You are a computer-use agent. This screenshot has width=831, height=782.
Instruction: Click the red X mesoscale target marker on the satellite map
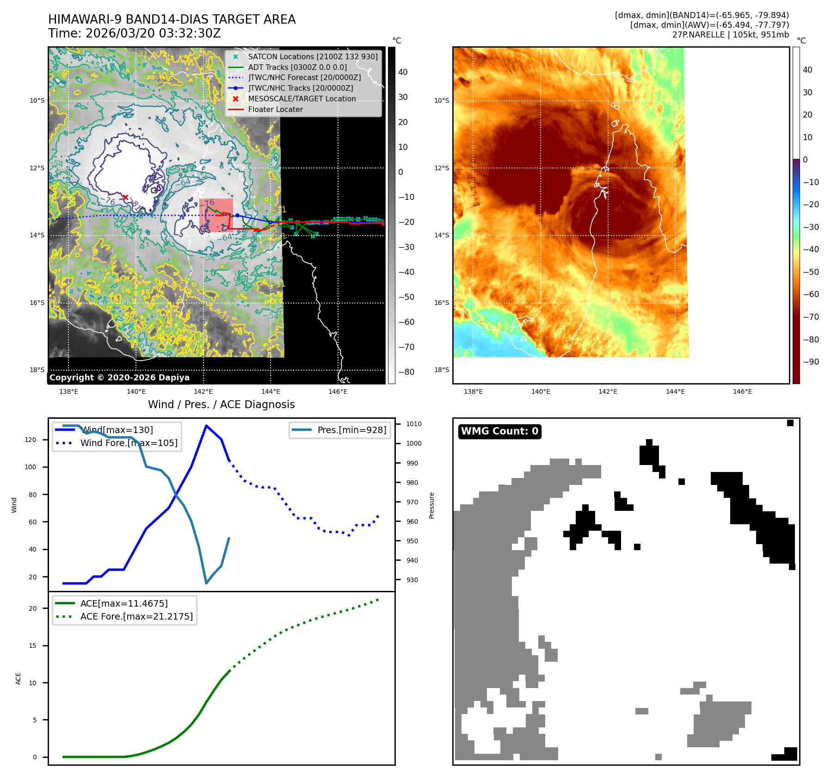tap(125, 197)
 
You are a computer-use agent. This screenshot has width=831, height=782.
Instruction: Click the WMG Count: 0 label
tap(499, 431)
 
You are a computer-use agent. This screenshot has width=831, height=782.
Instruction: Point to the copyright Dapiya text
tap(119, 378)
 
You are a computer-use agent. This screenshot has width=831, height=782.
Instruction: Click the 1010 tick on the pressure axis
tap(413, 424)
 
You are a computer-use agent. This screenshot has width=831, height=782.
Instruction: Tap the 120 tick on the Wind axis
tap(31, 440)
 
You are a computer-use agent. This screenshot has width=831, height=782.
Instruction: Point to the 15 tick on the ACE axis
tap(32, 645)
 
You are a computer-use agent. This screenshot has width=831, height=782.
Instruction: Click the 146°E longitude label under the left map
tap(338, 391)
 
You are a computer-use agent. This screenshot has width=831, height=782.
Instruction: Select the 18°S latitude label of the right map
tap(441, 370)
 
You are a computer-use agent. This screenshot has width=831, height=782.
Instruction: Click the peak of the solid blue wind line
tap(206, 426)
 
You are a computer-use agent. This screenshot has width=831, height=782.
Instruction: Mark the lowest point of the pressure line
tap(206, 583)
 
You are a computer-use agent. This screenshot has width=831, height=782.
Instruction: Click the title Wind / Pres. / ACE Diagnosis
tap(221, 404)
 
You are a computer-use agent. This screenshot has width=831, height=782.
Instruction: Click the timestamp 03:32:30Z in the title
tap(190, 34)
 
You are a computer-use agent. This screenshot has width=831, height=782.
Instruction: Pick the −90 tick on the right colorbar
tap(811, 362)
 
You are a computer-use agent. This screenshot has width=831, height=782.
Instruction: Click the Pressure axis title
tap(431, 505)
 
